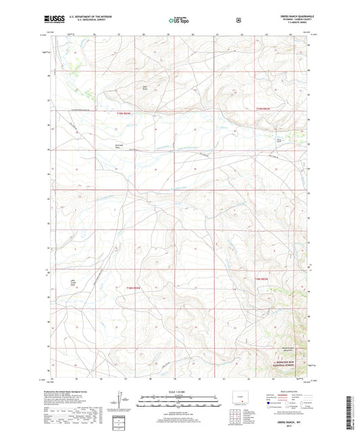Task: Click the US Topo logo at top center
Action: point(179,21)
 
